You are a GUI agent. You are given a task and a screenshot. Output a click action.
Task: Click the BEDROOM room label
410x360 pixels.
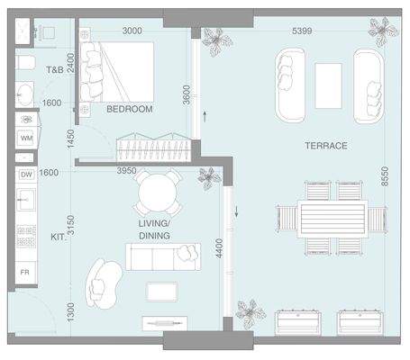tap(130, 109)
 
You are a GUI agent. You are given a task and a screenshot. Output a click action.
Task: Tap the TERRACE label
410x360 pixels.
tap(326, 146)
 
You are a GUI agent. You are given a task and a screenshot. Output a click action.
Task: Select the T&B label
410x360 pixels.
tap(55, 70)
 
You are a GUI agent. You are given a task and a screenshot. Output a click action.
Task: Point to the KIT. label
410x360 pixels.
tap(58, 237)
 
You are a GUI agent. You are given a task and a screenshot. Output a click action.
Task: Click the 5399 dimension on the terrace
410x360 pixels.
tap(302, 31)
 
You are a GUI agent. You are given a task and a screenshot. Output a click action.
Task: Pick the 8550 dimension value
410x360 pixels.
tap(385, 176)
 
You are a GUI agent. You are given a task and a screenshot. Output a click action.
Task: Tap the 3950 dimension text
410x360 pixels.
tap(126, 171)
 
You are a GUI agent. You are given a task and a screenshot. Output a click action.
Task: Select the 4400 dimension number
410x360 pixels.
tap(220, 248)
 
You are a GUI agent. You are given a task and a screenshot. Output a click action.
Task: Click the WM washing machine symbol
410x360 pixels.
tap(27, 139)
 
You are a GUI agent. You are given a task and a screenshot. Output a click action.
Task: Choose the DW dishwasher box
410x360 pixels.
tap(27, 175)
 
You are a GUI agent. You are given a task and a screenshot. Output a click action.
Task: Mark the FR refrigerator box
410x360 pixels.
tap(25, 272)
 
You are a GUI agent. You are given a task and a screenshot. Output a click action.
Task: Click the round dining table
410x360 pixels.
tap(158, 193)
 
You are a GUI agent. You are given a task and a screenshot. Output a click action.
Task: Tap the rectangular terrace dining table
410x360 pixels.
tap(333, 220)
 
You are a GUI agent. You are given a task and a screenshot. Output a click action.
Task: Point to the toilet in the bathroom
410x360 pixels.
tap(25, 62)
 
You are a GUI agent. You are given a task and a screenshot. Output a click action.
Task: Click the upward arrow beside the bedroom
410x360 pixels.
tap(205, 117)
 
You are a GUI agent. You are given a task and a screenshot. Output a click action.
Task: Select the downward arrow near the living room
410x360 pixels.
tap(236, 211)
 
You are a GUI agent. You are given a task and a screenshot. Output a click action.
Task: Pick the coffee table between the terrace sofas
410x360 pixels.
tap(328, 85)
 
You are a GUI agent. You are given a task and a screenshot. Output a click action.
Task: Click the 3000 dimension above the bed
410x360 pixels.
tap(132, 31)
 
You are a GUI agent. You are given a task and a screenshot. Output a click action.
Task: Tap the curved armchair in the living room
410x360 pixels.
tap(104, 283)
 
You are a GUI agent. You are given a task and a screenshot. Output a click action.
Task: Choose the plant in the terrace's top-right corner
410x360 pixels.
tap(383, 31)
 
